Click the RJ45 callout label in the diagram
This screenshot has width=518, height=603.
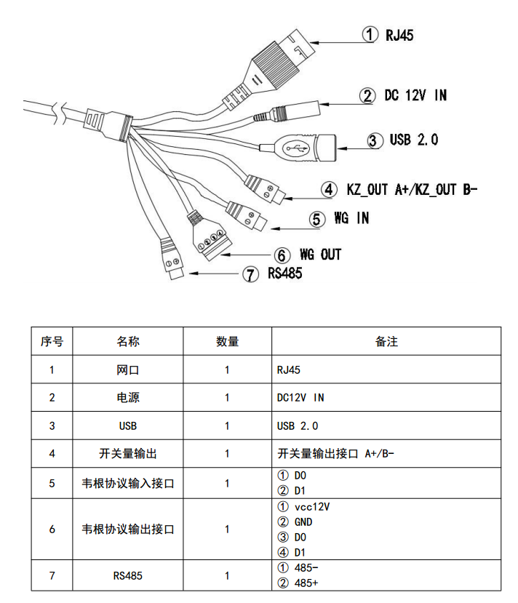coord(399,36)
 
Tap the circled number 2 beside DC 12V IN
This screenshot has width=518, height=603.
coord(367,96)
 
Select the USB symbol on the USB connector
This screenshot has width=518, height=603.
coord(295,148)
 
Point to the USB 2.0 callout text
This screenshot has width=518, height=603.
coord(414,140)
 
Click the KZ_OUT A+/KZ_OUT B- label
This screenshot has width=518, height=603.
coord(412,190)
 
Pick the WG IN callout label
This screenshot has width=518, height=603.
coord(351,218)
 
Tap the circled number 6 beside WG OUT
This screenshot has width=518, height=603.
coord(282,255)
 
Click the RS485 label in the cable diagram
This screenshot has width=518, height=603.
coord(285,273)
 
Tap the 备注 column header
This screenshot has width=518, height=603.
coord(386,341)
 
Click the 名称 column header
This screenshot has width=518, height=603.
coord(128,341)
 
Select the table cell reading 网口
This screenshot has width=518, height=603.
coord(128,370)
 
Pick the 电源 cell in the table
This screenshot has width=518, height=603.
coord(128,398)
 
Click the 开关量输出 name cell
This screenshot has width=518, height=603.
coord(128,454)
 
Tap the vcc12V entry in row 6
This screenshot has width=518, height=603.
coord(312,507)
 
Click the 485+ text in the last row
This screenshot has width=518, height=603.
coord(306,583)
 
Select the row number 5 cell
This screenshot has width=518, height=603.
coord(52,484)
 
